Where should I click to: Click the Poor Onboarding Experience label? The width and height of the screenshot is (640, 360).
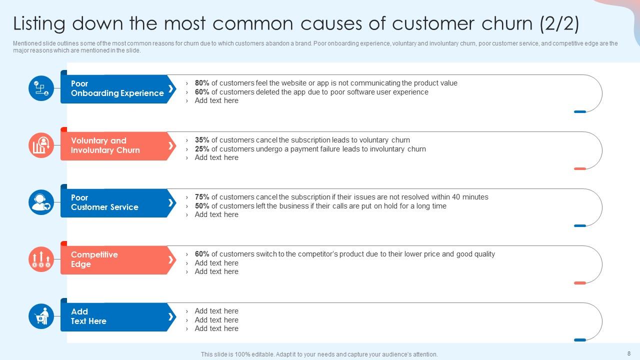(117, 88)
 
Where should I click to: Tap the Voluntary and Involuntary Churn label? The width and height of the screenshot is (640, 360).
(105, 145)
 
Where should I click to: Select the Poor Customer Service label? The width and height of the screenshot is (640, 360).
(104, 202)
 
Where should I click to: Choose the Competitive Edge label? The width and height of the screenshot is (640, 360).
(94, 259)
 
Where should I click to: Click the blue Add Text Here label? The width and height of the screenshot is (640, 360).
(88, 316)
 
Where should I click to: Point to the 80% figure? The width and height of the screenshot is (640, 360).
(202, 83)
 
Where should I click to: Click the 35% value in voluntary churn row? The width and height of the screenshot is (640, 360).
(202, 140)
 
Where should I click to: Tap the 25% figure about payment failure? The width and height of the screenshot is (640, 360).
(202, 149)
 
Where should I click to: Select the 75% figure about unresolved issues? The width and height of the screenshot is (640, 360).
(202, 197)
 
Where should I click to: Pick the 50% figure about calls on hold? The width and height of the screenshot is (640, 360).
(202, 206)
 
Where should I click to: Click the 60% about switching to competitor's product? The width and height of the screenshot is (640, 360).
(202, 254)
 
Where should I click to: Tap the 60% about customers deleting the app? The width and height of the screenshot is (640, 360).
(202, 92)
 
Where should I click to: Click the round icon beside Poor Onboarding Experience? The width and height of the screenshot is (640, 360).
(41, 88)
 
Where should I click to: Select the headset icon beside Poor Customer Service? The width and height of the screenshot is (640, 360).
(41, 202)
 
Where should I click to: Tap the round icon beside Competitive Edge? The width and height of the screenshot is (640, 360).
(41, 259)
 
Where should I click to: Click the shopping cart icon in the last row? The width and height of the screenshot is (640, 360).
(41, 316)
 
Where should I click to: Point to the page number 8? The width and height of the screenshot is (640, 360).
(629, 353)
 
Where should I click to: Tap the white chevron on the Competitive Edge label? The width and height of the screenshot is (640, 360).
(170, 259)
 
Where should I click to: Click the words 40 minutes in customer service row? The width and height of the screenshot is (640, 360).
(470, 197)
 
